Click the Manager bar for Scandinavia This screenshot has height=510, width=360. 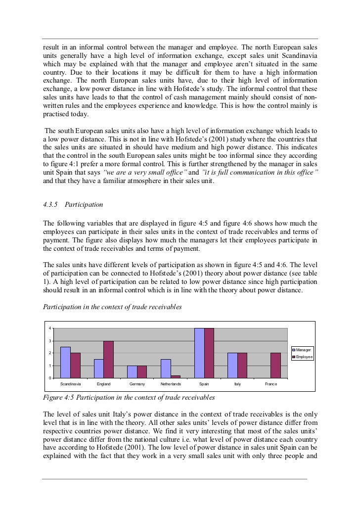(66, 363)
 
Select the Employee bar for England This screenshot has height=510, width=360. (109, 360)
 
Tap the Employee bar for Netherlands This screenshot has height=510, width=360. (176, 376)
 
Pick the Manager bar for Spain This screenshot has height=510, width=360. (199, 353)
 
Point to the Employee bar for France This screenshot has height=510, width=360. (276, 366)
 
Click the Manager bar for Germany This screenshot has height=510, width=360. (133, 372)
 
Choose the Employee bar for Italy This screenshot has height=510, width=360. (242, 366)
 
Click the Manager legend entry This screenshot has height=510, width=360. (303, 350)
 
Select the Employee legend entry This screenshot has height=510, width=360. (304, 357)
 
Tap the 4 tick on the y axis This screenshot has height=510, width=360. (49, 328)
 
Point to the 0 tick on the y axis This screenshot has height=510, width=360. (49, 378)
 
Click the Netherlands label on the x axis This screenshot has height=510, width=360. (171, 384)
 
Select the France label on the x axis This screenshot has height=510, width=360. (271, 384)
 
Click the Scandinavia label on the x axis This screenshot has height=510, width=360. (70, 384)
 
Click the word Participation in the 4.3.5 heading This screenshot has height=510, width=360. (88, 204)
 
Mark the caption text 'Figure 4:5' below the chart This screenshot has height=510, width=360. (60, 397)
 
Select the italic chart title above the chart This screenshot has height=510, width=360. (112, 307)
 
